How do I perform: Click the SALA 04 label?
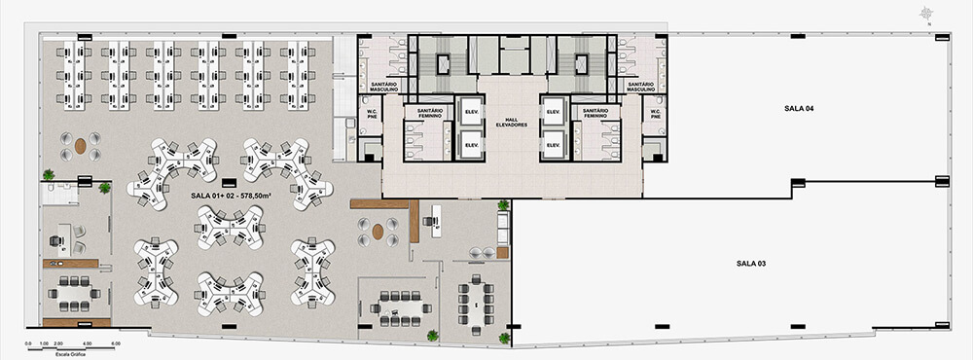tap(797, 108)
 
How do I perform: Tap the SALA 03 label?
tap(751, 264)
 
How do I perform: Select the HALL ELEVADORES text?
tap(511, 122)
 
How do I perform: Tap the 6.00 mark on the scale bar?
tap(115, 342)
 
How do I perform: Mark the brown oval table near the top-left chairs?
tap(81, 146)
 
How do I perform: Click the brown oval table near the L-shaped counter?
tap(378, 233)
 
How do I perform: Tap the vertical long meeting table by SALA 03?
tap(476, 303)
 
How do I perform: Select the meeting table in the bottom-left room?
tap(75, 289)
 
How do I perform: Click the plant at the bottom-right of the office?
tap(504, 338)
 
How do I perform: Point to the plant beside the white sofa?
tap(502, 205)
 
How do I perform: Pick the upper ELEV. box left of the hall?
tap(471, 111)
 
